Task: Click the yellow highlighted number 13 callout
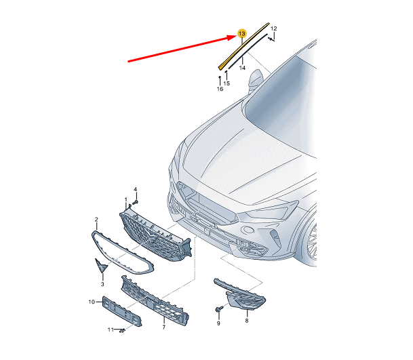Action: coord(241,34)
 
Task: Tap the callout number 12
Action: coord(274,28)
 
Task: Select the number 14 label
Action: coord(242,68)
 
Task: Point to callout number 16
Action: coord(220,89)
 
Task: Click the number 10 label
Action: coord(92,302)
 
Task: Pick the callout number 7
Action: coord(164,327)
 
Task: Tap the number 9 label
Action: coord(218,323)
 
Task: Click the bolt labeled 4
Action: coord(136,202)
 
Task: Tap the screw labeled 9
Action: coord(219,309)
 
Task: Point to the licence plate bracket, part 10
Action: coord(121,311)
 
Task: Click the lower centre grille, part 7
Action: coord(155,301)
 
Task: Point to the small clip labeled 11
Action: coord(122,330)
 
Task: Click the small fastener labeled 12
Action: coord(271,39)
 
